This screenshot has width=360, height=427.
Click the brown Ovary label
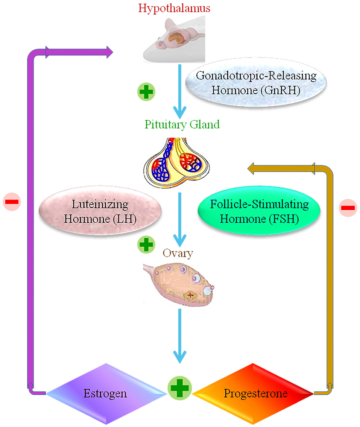178,253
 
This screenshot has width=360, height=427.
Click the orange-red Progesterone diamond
252,394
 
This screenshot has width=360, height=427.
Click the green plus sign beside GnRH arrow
146,92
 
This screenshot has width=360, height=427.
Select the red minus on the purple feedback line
12,202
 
